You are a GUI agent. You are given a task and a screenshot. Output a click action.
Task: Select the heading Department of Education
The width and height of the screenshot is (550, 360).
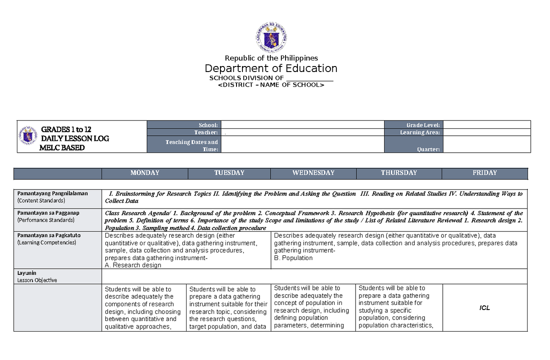pyautogui.click(x=271, y=68)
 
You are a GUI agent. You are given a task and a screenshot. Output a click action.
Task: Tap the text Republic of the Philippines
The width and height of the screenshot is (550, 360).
pyautogui.click(x=271, y=58)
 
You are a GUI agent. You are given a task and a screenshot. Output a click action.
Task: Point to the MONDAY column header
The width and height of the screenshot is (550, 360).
pyautogui.click(x=145, y=173)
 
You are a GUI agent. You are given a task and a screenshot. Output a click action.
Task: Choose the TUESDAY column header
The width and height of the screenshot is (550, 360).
pyautogui.click(x=229, y=173)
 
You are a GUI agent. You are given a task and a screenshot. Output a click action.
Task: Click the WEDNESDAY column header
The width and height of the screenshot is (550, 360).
pyautogui.click(x=313, y=173)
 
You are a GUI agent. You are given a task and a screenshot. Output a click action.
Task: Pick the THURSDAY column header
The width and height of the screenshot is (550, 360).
pyautogui.click(x=399, y=173)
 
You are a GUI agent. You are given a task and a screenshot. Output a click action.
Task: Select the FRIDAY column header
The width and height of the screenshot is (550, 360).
pyautogui.click(x=484, y=173)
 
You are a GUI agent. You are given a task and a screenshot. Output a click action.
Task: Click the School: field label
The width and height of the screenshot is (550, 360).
pyautogui.click(x=208, y=125)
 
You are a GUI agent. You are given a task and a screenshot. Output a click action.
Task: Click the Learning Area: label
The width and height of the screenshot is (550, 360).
pyautogui.click(x=420, y=133)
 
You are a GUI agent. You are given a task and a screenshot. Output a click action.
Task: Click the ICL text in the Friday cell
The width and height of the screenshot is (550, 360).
pyautogui.click(x=484, y=308)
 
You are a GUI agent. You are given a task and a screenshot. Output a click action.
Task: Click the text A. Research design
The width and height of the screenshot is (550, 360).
pyautogui.click(x=133, y=265)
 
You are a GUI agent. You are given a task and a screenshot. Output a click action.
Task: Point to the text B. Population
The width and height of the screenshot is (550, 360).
pyautogui.click(x=293, y=258)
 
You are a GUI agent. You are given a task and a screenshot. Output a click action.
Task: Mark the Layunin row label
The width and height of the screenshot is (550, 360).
pyautogui.click(x=26, y=273)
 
